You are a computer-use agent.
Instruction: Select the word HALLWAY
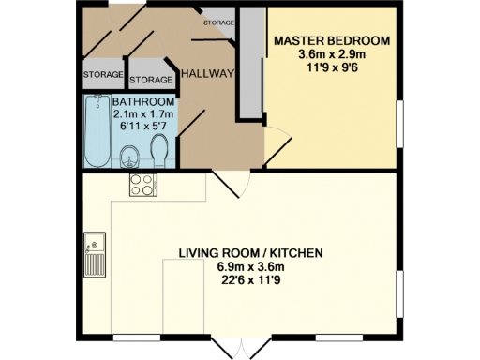click(x=207, y=74)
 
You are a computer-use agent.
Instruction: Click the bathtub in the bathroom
click(x=96, y=130)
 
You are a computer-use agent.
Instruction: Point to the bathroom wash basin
click(x=127, y=156)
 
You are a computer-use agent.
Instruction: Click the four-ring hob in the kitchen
click(x=142, y=185)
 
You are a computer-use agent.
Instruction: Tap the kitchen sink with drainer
click(x=95, y=255)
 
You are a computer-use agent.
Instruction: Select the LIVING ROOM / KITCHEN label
click(x=250, y=253)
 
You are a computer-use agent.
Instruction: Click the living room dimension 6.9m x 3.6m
click(x=250, y=266)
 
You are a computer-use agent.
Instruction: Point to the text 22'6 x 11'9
click(x=250, y=279)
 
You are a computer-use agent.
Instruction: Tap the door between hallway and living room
click(x=230, y=184)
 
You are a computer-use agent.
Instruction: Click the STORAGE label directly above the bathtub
click(x=102, y=74)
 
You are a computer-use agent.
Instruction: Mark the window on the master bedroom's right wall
click(x=399, y=123)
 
